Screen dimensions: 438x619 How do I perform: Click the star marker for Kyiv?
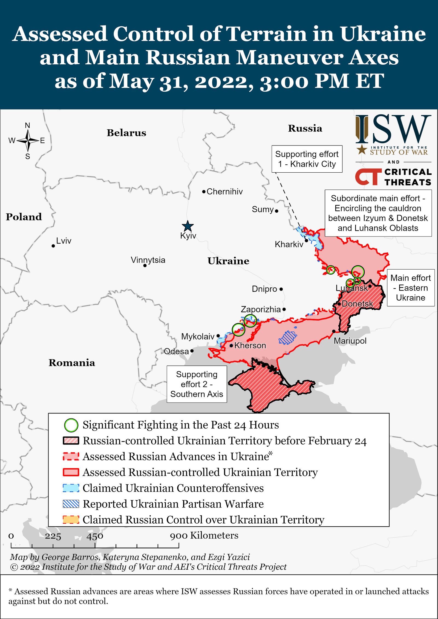pyautogui.click(x=188, y=226)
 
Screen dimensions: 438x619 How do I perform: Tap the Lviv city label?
pyautogui.click(x=64, y=241)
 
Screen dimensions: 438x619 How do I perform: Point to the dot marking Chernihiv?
pyautogui.click(x=204, y=192)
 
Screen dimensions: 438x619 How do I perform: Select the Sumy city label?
pyautogui.click(x=263, y=209)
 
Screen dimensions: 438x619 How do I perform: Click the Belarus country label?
pyautogui.click(x=126, y=133)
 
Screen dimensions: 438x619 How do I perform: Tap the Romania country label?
pyautogui.click(x=72, y=363)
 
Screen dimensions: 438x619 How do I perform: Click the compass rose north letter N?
pyautogui.click(x=27, y=125)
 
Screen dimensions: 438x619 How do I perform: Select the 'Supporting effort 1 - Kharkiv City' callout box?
pyautogui.click(x=307, y=159)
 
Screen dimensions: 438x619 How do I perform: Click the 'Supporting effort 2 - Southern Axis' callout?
pyautogui.click(x=197, y=384)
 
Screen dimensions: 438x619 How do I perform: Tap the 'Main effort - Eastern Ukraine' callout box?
pyautogui.click(x=410, y=288)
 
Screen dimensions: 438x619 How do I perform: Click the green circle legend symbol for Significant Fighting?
pyautogui.click(x=71, y=425)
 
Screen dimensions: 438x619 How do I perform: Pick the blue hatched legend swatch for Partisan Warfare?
pyautogui.click(x=71, y=504)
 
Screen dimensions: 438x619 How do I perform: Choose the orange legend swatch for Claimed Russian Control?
pyautogui.click(x=71, y=520)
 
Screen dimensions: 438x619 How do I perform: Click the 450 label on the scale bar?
pyautogui.click(x=95, y=536)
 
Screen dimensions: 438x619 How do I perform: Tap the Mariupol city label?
pyautogui.click(x=350, y=341)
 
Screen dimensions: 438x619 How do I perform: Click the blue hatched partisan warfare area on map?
pyautogui.click(x=287, y=338)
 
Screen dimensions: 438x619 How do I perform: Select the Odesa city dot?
pyautogui.click(x=192, y=351)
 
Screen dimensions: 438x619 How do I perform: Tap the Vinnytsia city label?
pyautogui.click(x=148, y=260)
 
